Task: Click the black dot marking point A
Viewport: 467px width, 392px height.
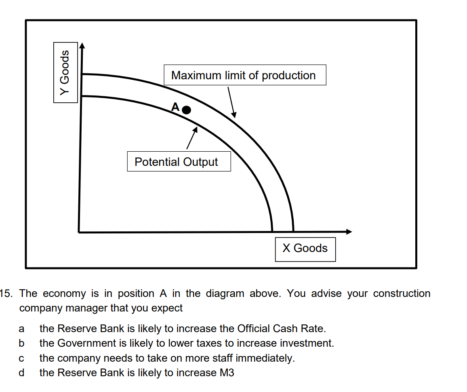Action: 186,109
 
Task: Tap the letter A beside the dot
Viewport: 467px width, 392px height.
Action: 175,107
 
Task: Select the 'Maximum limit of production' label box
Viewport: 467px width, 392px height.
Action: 245,75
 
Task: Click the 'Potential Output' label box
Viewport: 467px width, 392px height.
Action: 179,162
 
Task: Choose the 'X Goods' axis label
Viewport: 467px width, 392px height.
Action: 305,248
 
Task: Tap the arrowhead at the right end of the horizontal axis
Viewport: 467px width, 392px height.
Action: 349,232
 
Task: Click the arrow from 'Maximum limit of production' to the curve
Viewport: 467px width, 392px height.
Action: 231,101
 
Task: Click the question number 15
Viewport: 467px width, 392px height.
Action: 8,293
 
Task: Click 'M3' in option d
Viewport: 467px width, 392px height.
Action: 227,373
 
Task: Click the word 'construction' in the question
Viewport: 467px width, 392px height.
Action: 402,293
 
